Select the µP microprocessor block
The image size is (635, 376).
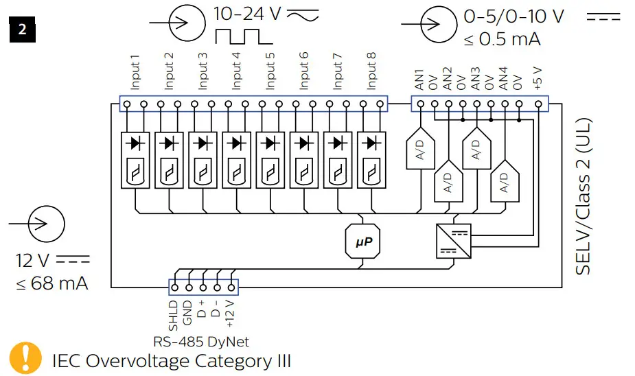(362, 241)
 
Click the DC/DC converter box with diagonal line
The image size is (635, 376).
(453, 241)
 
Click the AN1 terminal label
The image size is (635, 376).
(419, 80)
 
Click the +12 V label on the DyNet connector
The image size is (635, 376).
(231, 313)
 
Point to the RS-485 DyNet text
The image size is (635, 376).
(201, 341)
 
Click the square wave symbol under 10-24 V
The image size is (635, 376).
(237, 36)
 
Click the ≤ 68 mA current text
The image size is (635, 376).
(51, 283)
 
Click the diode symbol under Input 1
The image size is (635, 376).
(135, 143)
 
